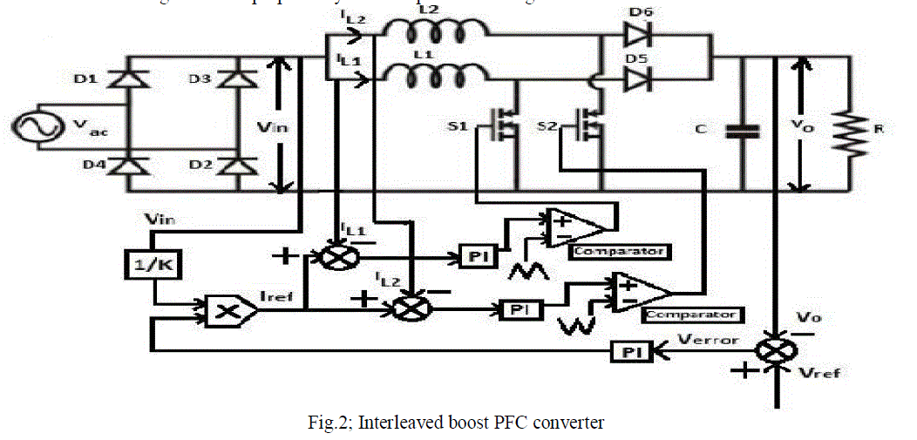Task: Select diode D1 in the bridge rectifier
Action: (x=132, y=81)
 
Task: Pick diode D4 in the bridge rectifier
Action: (x=132, y=166)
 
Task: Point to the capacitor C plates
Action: (x=742, y=131)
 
